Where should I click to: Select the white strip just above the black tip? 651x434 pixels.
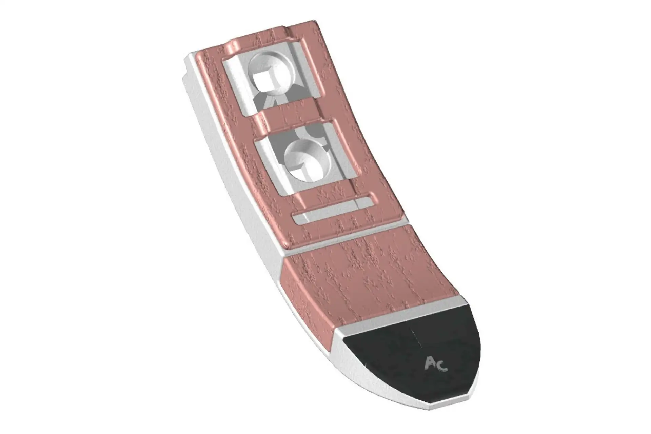[400, 313]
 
